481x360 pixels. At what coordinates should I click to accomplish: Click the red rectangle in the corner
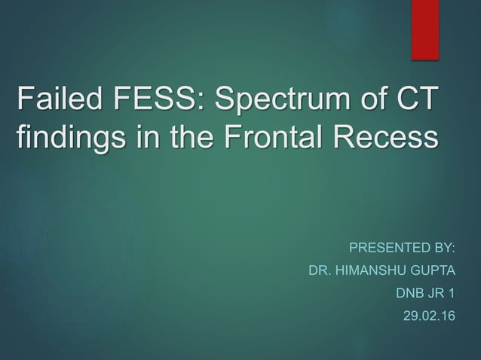[x=425, y=29]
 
